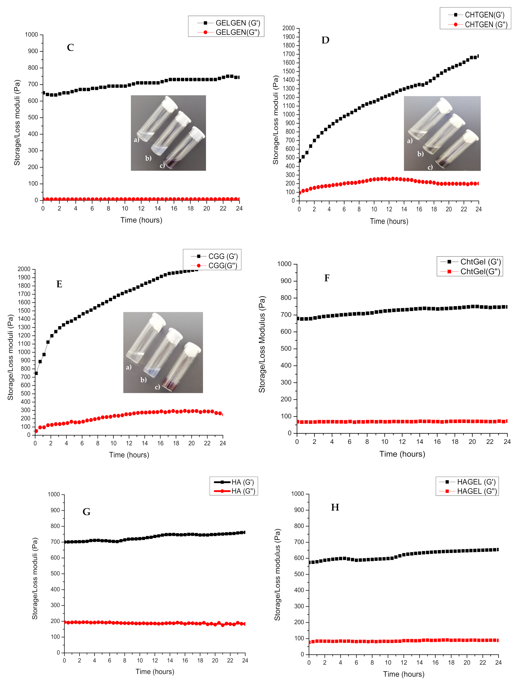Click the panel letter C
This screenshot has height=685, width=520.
(70, 48)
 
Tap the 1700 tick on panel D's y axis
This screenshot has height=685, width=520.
(288, 54)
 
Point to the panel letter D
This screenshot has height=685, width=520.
(325, 40)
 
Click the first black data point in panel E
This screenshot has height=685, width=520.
(36, 373)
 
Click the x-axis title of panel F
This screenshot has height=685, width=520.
(402, 454)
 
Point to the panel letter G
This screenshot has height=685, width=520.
(86, 512)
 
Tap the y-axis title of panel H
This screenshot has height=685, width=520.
(277, 574)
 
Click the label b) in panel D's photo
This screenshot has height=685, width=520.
(420, 154)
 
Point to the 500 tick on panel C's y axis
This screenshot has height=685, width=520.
(33, 117)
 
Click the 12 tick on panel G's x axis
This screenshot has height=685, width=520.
(155, 660)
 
